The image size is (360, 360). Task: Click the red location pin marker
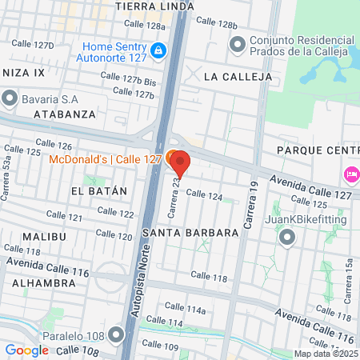[180, 163]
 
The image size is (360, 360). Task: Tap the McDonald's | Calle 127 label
[94, 158]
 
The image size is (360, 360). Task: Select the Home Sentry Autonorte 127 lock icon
[159, 51]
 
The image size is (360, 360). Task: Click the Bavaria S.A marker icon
[10, 98]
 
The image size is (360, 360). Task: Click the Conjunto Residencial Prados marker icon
[237, 46]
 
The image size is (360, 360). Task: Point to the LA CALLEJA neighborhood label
[238, 77]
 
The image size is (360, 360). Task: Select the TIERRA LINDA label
[154, 6]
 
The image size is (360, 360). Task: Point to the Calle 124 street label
[204, 194]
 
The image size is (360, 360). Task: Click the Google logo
[27, 350]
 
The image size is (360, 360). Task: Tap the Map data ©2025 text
[326, 354]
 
